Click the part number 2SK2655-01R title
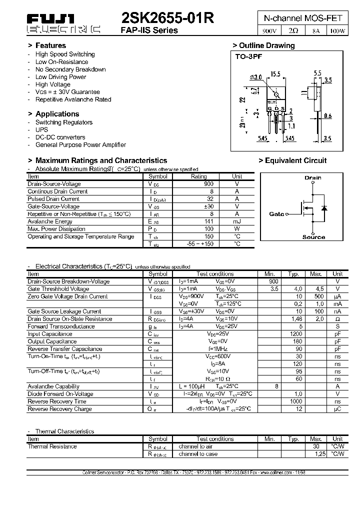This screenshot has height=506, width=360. [168, 18]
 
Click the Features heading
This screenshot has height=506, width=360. [50, 45]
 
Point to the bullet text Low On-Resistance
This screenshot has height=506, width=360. [61, 62]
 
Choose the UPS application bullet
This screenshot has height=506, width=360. [41, 129]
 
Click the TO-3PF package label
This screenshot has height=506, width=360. [249, 57]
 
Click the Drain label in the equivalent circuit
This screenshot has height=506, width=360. [313, 177]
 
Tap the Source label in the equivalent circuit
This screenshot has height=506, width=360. [313, 237]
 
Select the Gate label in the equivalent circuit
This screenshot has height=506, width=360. [276, 214]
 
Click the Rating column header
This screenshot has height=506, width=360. [199, 176]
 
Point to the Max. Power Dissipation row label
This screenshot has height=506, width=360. [56, 229]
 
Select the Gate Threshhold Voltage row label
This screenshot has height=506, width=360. [58, 289]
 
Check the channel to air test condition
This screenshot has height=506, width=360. [195, 446]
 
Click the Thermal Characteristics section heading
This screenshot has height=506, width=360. [64, 431]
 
